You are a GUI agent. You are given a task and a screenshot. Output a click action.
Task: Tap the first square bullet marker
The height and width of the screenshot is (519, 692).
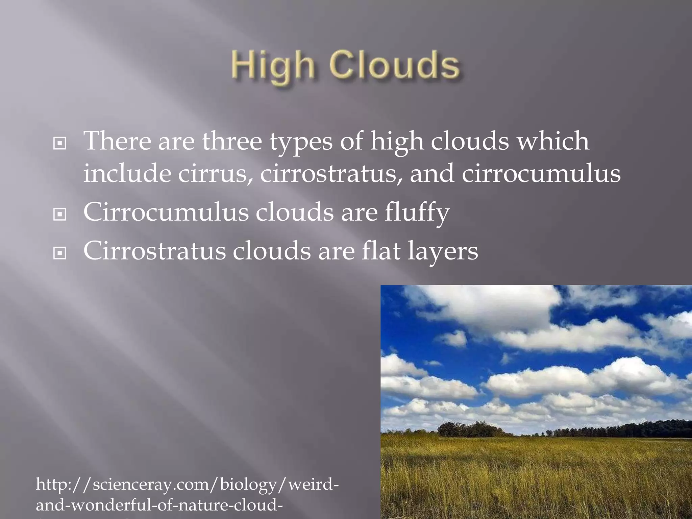(60, 144)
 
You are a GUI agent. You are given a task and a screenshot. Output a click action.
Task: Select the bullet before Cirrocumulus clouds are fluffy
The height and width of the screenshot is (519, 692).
(60, 214)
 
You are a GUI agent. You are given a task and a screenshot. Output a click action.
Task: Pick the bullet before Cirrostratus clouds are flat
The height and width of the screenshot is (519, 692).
(60, 253)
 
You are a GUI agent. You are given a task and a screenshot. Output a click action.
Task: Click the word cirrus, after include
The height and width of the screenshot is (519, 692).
(215, 174)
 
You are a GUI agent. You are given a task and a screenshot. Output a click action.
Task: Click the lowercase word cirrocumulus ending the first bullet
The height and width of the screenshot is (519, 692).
(541, 174)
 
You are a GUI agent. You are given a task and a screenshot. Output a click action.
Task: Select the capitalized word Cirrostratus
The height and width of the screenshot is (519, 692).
(154, 251)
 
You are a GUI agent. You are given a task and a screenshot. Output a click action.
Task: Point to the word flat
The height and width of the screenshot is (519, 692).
(381, 251)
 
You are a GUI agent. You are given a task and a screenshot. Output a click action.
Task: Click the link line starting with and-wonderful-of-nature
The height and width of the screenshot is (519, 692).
(159, 505)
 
